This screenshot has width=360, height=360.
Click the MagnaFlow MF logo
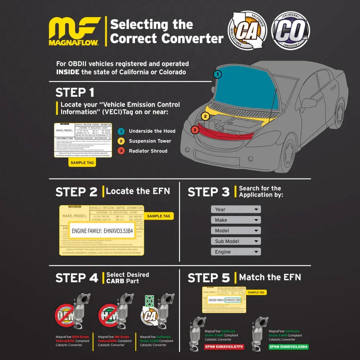(75, 32)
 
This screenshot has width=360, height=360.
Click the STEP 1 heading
(75, 93)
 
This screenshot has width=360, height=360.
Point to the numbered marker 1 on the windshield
(218, 74)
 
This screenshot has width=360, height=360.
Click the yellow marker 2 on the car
(205, 116)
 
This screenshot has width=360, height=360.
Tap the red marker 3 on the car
(194, 130)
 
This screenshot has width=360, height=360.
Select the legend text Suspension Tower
(150, 141)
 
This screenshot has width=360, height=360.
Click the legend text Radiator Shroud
(148, 151)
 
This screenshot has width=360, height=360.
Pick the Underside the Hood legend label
(152, 131)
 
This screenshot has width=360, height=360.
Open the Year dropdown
(236, 209)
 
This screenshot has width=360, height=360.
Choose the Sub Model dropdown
(236, 241)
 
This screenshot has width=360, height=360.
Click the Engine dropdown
(236, 252)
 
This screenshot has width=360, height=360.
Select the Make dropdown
(236, 220)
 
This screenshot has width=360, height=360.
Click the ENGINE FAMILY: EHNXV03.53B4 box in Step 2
(103, 231)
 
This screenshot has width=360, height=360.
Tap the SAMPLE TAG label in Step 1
(81, 163)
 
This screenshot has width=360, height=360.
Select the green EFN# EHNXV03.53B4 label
(289, 347)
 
